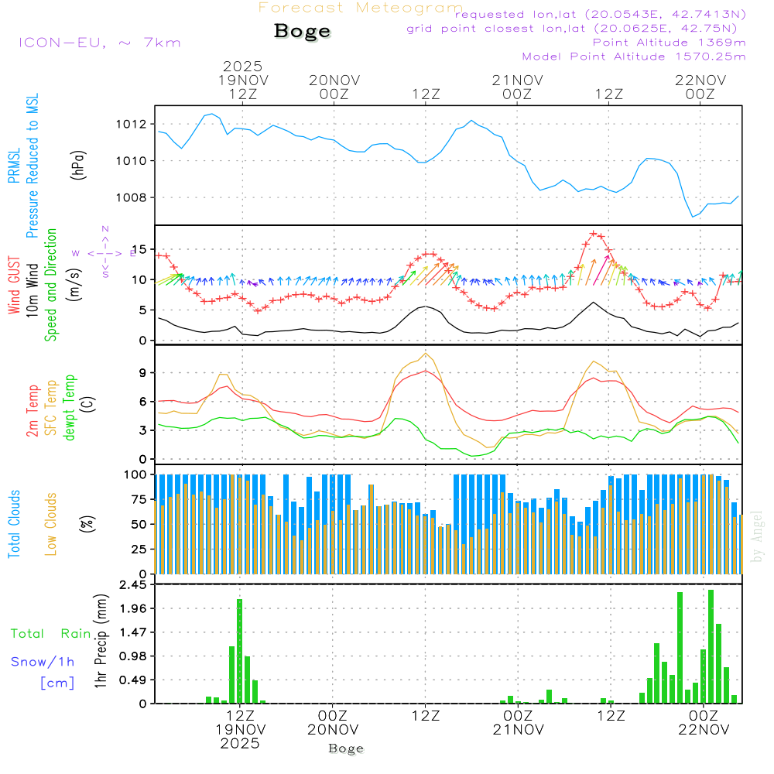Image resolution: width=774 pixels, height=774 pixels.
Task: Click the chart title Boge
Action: click(302, 32)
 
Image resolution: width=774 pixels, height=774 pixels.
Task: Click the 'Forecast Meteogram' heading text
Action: click(361, 8)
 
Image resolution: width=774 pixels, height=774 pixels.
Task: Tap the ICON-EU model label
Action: click(99, 43)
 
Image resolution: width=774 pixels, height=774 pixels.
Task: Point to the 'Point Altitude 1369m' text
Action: click(669, 42)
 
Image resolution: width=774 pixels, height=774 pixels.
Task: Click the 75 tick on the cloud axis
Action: click(141, 499)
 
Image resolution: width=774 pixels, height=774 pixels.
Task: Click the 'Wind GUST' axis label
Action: click(14, 286)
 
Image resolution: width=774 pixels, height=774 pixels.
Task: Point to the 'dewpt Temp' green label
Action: click(70, 407)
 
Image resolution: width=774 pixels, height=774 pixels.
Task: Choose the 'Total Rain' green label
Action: click(50, 633)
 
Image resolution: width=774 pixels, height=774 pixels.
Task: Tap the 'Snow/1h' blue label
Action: click(43, 662)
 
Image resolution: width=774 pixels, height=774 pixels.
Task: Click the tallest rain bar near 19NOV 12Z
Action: click(240, 650)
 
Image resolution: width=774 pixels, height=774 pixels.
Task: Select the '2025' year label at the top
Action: click(242, 67)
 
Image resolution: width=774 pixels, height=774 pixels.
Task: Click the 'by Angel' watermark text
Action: click(757, 536)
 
